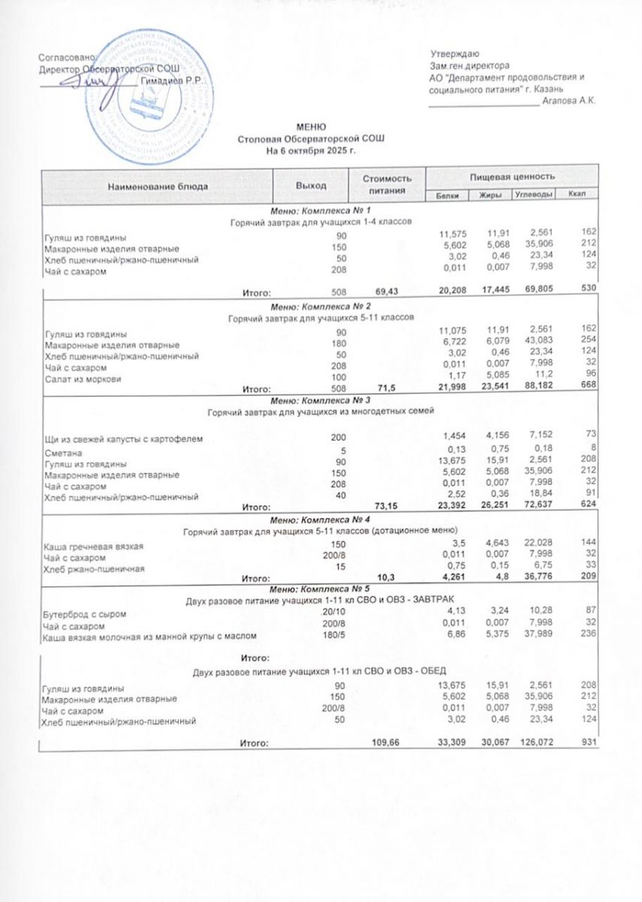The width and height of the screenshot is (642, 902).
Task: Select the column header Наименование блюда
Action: click(x=157, y=184)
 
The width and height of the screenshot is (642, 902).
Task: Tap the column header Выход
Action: click(x=311, y=184)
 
